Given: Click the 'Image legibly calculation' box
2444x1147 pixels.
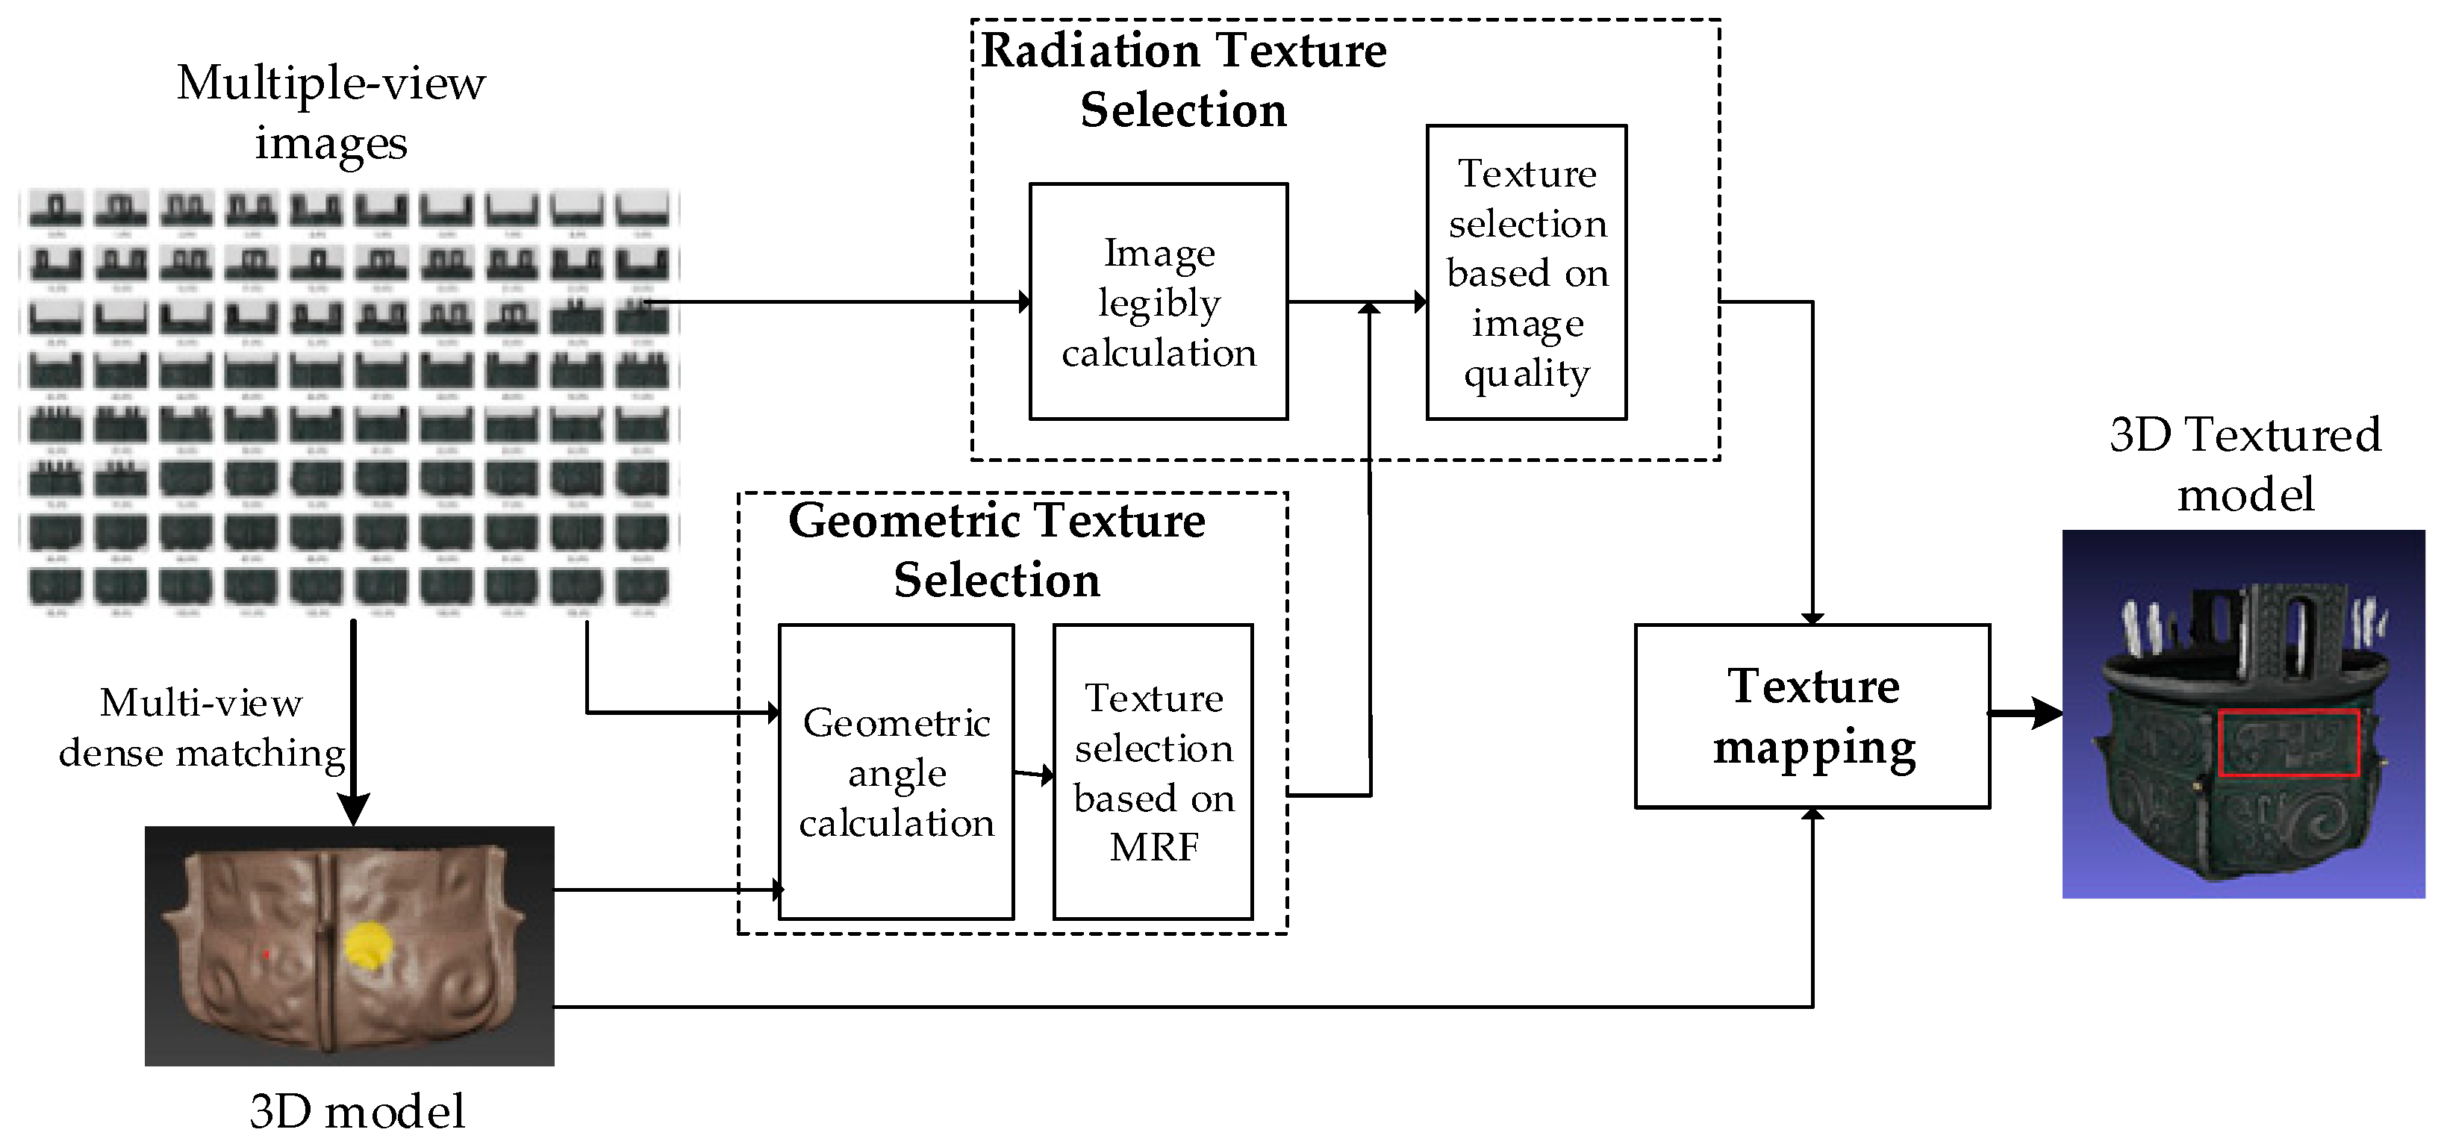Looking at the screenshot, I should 1158,301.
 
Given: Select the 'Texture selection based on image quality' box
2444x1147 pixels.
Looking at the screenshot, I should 1526,273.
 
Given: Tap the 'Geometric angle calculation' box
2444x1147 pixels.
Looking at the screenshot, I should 896,772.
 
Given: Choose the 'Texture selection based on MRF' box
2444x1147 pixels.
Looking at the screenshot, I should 1153,772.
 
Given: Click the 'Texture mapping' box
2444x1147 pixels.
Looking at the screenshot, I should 1812,716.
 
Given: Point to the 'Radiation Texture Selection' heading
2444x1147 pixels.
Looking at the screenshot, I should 1183,80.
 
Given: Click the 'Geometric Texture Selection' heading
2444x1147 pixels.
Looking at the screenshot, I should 997,550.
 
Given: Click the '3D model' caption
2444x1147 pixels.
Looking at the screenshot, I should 357,1111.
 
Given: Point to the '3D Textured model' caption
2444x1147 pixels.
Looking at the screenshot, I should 2245,464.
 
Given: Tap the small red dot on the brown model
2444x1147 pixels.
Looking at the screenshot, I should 267,954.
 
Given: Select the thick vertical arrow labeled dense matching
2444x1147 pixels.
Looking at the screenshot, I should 353,721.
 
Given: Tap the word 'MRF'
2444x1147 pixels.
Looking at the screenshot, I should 1155,847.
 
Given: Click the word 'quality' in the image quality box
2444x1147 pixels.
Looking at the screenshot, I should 1526,375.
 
